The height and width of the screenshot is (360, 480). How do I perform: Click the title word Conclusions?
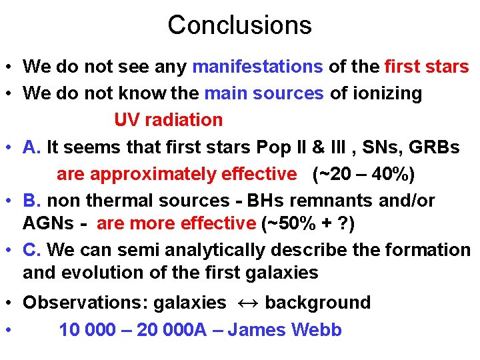[x=239, y=25]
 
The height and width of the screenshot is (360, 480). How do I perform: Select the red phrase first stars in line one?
[x=427, y=67]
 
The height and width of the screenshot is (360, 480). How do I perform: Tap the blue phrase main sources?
[x=264, y=93]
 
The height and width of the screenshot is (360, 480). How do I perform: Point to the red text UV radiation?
[x=168, y=120]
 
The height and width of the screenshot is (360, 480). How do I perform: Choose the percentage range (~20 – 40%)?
[x=363, y=174]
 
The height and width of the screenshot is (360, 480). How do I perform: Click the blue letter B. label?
[x=33, y=201]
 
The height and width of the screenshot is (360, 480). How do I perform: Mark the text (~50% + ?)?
[x=309, y=223]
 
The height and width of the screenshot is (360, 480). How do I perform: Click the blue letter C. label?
[x=33, y=250]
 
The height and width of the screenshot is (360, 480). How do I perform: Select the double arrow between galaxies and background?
[x=245, y=303]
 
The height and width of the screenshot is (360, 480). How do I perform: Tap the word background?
[x=317, y=303]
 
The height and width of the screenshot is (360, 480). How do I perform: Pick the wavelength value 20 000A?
[x=171, y=330]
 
